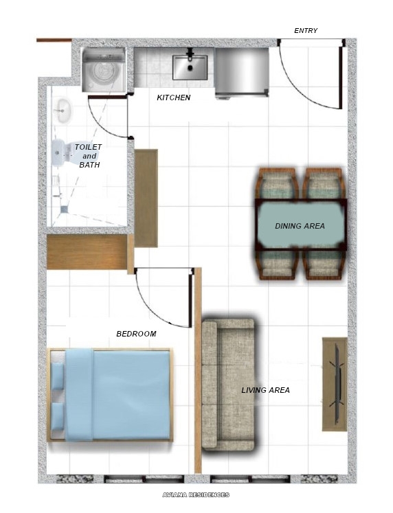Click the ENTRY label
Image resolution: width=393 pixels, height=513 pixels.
pyautogui.click(x=306, y=31)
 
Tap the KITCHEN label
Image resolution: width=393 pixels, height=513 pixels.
pyautogui.click(x=174, y=98)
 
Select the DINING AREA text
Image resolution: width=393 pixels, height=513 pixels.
pyautogui.click(x=300, y=226)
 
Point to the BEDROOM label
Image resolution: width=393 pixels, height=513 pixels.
pyautogui.click(x=136, y=334)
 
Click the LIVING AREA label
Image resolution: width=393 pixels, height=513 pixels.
pyautogui.click(x=265, y=390)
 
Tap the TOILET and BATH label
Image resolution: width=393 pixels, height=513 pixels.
pyautogui.click(x=88, y=156)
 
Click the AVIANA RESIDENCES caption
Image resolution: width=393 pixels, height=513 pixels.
pyautogui.click(x=196, y=494)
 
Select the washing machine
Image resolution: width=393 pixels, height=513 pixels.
pyautogui.click(x=104, y=70)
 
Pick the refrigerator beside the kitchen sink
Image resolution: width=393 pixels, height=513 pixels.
pyautogui.click(x=241, y=72)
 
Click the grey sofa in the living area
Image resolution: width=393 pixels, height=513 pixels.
pyautogui.click(x=228, y=385)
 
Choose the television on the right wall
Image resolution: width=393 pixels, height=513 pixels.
pyautogui.click(x=336, y=384)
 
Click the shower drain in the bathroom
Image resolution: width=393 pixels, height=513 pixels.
pyautogui.click(x=63, y=208)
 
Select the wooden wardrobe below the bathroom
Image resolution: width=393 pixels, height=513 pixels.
pyautogui.click(x=87, y=252)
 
